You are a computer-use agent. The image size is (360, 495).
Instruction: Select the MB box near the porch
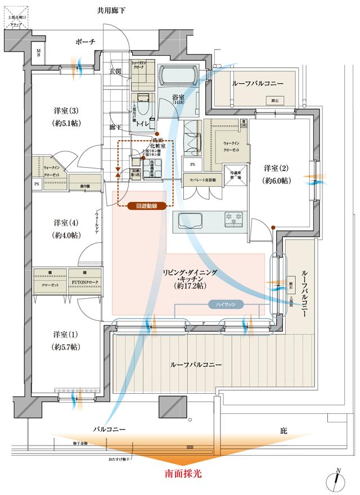[x=39, y=53]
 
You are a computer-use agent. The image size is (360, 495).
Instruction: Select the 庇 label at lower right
[x=283, y=431]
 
